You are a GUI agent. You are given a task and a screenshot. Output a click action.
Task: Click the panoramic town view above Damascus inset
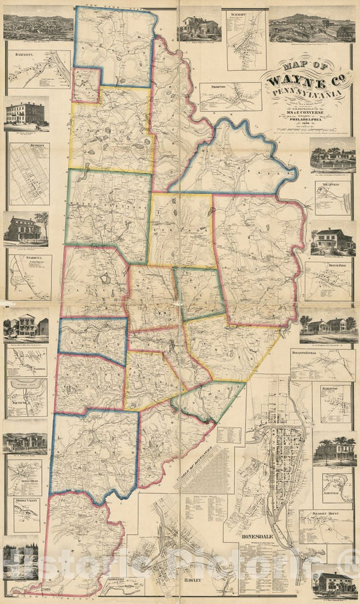38,25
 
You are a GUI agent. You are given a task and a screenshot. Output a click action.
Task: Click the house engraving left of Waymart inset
199,27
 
